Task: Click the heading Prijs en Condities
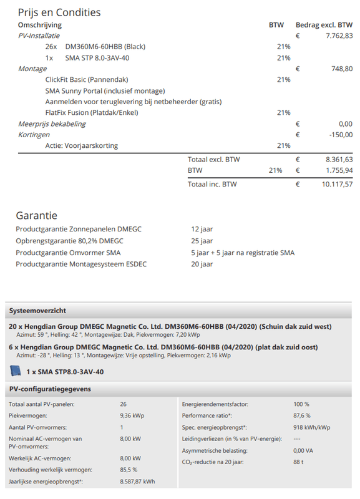tap(59, 12)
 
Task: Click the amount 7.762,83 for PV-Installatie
tap(339, 36)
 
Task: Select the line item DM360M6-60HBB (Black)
tap(95, 47)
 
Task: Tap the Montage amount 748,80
tap(342, 69)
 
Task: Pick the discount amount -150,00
tap(341, 135)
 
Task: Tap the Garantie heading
tap(37, 216)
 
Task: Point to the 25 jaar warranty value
tap(202, 241)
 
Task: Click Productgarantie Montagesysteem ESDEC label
tap(78, 264)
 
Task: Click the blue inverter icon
tap(16, 371)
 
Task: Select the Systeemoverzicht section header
tap(37, 311)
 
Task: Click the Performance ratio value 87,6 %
tap(301, 415)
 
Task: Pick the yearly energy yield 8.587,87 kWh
tap(137, 482)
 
